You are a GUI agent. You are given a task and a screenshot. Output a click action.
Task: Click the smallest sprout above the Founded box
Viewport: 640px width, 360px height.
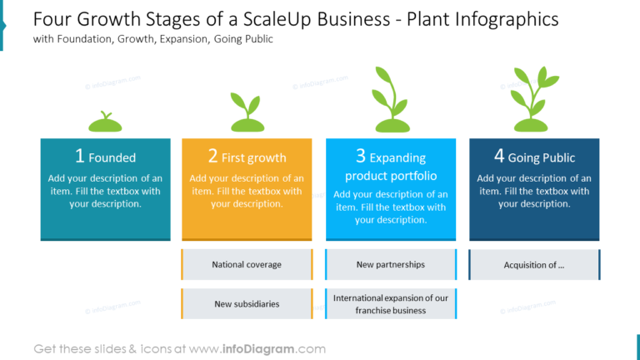[x=105, y=122]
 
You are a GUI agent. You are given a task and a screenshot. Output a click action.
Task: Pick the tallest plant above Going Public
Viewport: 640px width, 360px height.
[x=533, y=100]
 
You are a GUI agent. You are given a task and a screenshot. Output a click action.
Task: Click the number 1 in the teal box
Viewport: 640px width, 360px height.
[x=80, y=156]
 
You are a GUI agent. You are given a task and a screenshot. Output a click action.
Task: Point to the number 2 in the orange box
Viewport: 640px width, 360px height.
[x=212, y=156]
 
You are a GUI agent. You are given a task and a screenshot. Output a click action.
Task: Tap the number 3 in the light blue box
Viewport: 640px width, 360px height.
[x=360, y=156]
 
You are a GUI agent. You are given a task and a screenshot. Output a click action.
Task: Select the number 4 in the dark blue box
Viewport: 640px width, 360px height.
[x=498, y=156]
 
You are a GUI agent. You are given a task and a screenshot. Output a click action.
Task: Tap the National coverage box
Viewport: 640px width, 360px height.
[x=247, y=265]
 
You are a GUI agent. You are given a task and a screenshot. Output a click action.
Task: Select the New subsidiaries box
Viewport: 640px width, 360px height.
[x=247, y=304]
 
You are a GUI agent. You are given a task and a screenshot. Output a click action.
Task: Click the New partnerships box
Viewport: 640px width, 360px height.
[x=390, y=265]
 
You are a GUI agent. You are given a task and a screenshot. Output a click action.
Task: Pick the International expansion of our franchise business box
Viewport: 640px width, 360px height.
[x=390, y=304]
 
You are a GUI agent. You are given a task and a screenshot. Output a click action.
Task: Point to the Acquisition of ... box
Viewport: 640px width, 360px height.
[x=533, y=265]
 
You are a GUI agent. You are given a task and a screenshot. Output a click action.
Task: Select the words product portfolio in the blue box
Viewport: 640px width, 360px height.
[x=391, y=176]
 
